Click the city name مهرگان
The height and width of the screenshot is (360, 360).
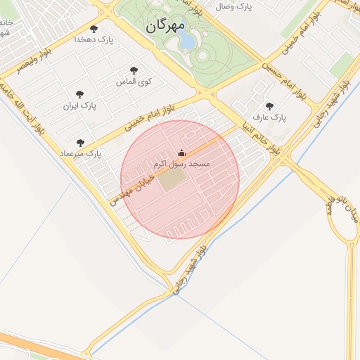pos(165,27)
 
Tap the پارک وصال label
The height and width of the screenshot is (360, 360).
pos(233,7)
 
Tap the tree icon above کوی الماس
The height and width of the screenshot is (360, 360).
pos(134,70)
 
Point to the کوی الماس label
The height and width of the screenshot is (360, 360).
pos(134,82)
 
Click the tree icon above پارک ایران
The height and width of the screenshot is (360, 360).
pos(79,94)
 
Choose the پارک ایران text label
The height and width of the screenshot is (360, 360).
pos(79,105)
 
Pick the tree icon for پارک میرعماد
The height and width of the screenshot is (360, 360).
pos(80,143)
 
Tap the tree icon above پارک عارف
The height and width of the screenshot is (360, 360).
pos(269,106)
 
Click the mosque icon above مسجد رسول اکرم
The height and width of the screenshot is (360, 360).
pos(181,153)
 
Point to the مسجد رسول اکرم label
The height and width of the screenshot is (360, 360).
pos(181,164)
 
